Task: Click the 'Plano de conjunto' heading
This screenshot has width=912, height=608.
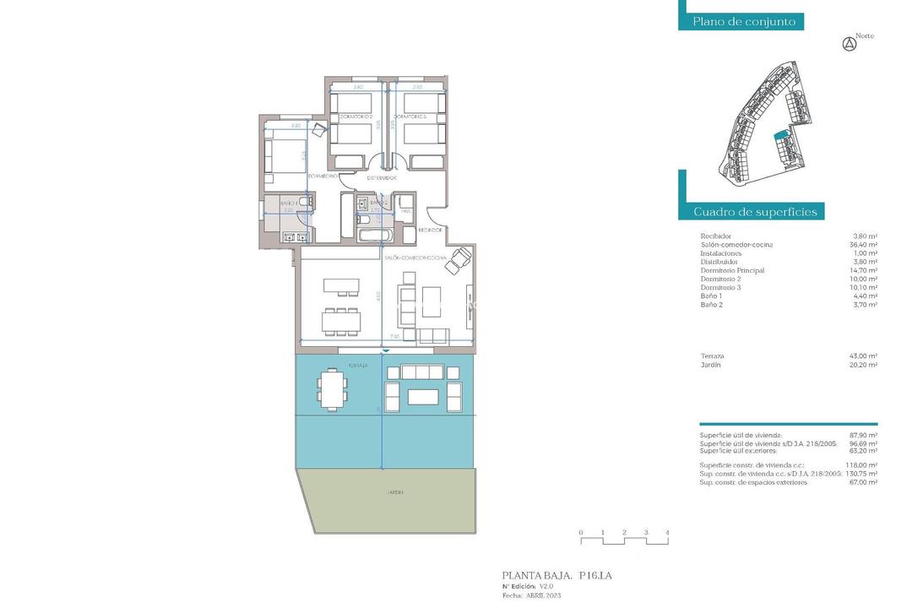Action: (x=744, y=22)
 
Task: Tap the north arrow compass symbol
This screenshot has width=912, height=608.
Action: (x=850, y=45)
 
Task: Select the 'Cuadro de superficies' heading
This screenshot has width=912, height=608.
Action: (x=755, y=212)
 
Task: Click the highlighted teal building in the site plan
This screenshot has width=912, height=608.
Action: (x=781, y=134)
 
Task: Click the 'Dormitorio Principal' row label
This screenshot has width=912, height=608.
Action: (x=732, y=270)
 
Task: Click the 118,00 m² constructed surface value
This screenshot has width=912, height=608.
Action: (x=861, y=465)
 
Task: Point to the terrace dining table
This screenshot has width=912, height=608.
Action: (x=333, y=389)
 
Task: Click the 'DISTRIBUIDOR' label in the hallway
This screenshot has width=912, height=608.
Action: (x=382, y=179)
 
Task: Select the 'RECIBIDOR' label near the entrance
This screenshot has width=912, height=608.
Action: (x=430, y=230)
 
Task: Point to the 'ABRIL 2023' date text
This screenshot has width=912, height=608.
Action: (x=542, y=595)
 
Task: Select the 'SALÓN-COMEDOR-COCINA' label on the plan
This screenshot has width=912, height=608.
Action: (x=415, y=257)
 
